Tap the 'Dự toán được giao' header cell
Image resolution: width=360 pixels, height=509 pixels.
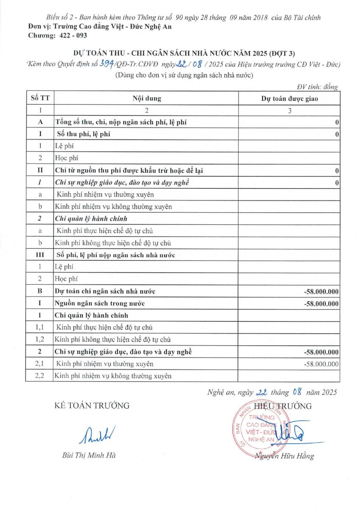290,99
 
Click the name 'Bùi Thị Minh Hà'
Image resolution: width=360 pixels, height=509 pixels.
89,456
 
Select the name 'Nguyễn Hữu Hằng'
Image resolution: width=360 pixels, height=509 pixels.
284,456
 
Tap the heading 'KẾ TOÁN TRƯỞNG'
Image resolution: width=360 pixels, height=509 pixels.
92,406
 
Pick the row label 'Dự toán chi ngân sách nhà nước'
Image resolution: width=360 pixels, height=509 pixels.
105,291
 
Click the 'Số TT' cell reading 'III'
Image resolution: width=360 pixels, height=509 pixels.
40,255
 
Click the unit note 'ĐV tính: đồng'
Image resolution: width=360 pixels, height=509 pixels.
317,87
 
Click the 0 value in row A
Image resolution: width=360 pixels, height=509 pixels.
337,123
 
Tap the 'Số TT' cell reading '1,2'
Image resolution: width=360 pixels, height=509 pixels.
40,340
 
